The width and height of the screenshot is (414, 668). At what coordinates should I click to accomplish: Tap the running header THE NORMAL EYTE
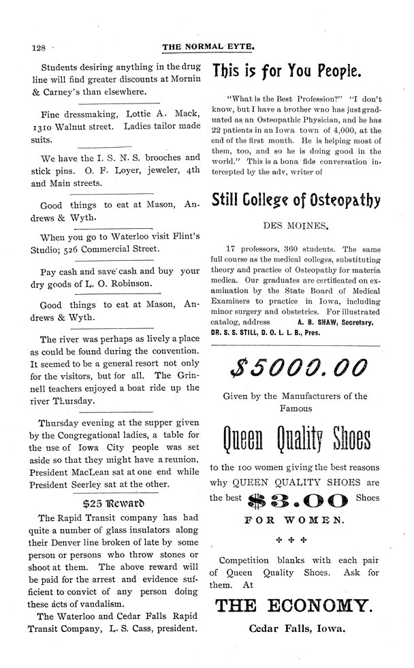[208, 48]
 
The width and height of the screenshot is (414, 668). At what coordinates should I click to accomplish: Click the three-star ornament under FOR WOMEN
[294, 537]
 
